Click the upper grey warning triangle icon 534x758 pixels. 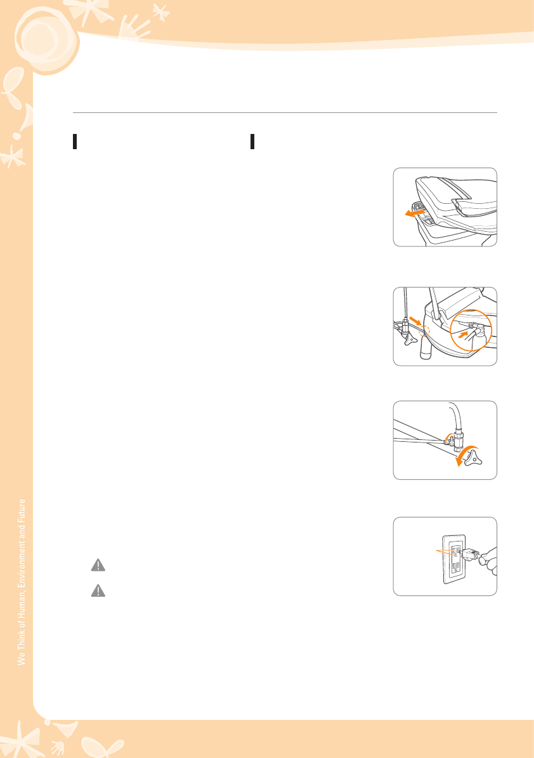pos(98,565)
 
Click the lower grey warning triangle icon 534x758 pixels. pos(98,591)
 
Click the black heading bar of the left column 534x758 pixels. pos(75,142)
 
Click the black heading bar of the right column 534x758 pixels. pos(252,142)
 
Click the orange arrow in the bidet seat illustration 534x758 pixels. pos(415,213)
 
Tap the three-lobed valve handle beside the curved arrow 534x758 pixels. pos(473,458)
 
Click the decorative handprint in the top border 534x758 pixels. pos(132,27)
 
